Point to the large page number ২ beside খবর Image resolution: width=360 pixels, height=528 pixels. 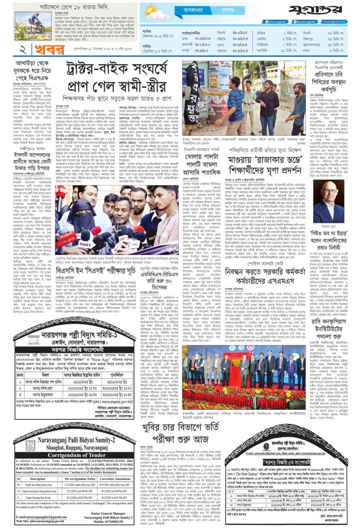click(9, 50)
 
